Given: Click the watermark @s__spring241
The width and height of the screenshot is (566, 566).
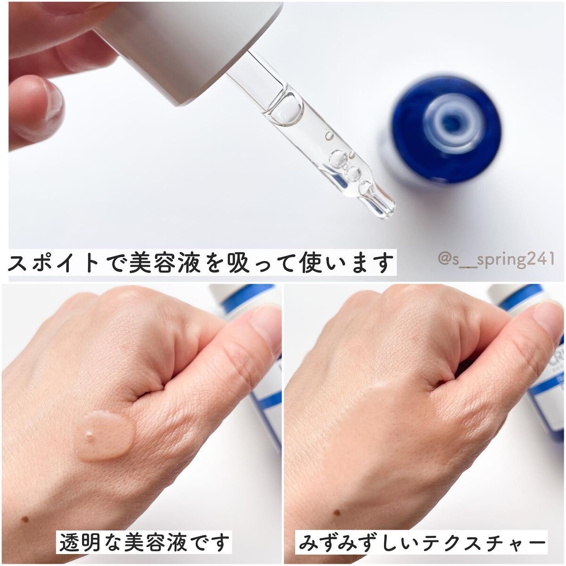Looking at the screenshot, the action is [496, 259].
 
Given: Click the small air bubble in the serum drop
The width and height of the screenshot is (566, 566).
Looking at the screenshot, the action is [89, 436].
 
